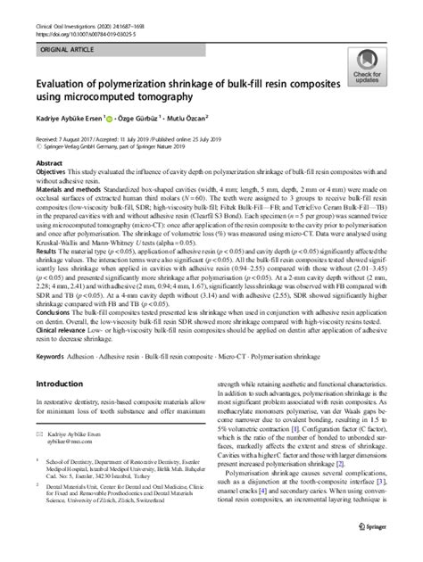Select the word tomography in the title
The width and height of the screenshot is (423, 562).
(197, 94)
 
